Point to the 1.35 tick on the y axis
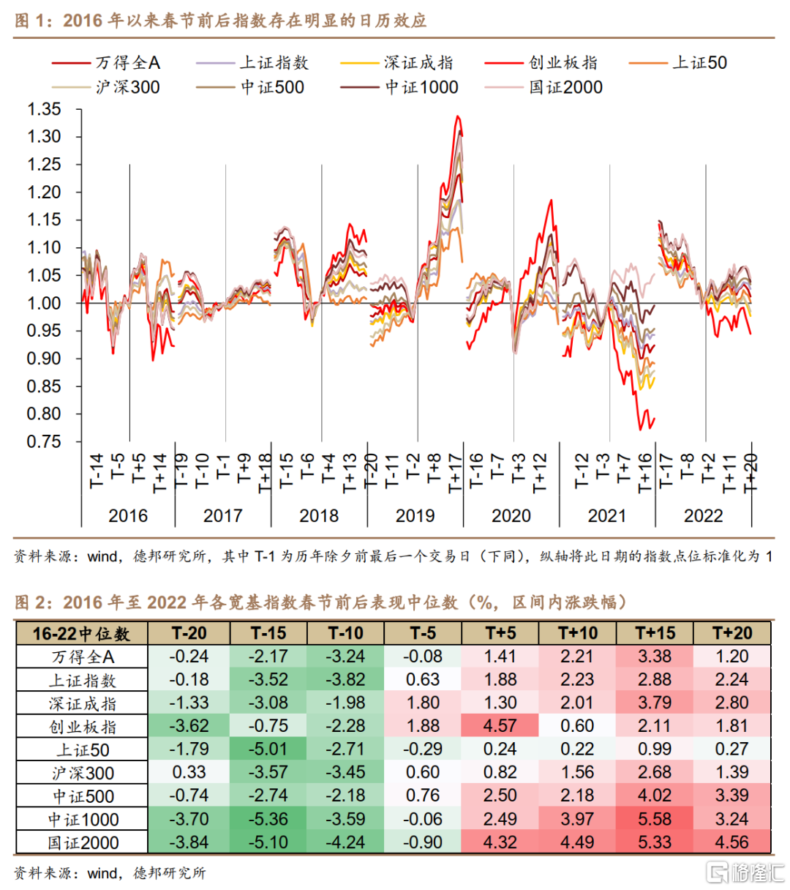pos(44,109)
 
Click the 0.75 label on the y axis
pos(44,441)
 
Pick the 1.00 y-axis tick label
pos(44,303)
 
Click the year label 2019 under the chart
pos(415,516)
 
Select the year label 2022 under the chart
pos(703,516)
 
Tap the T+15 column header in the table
pos(655,633)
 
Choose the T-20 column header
pos(189,633)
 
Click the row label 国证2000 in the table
pos(83,842)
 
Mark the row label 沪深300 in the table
pos(83,773)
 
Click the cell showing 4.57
pos(500,726)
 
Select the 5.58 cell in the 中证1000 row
pos(655,819)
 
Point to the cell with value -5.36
pos(268,819)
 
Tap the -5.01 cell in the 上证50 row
pos(268,749)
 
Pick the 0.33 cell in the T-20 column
pos(189,773)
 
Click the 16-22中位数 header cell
pos(81,633)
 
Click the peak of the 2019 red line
pos(457,116)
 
